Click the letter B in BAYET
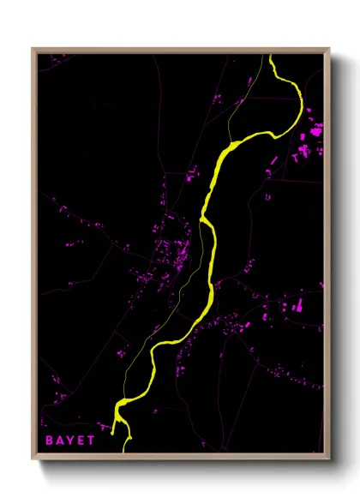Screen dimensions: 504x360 click(50, 439)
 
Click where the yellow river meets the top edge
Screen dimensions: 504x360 click(272, 57)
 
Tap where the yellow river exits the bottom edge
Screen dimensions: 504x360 click(126, 448)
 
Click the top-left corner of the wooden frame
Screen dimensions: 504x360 click(33, 49)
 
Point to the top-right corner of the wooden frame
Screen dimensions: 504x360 click(329, 49)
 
